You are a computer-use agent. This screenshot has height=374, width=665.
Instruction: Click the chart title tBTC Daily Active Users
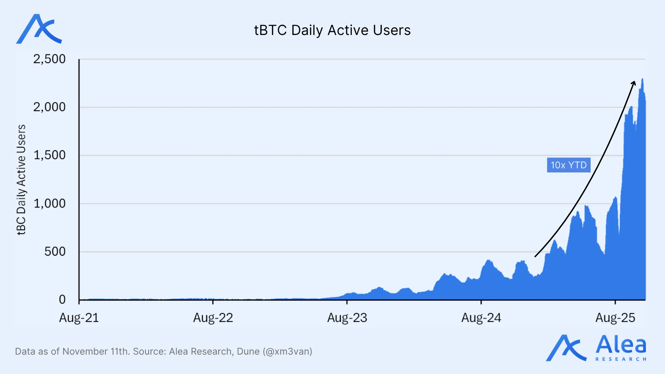point(332,30)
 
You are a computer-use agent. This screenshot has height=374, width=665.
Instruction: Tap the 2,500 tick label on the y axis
point(49,59)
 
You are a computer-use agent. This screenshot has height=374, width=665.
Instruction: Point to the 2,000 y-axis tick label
point(49,107)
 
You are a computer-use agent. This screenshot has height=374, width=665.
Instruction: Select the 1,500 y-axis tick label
point(49,155)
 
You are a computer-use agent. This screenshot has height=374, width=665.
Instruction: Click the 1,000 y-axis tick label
point(49,203)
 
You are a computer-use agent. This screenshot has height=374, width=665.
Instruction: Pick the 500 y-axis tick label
point(55,251)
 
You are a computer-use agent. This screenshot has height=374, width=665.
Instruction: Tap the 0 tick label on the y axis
point(62,300)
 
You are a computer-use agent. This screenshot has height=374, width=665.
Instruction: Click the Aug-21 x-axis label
point(79,318)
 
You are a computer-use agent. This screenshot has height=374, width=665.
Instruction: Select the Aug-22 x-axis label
point(213,318)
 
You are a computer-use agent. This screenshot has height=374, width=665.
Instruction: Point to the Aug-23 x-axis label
point(347,318)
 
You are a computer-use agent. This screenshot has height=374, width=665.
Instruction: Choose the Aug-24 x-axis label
point(481,318)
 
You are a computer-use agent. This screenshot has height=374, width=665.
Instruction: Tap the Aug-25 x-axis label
point(615,318)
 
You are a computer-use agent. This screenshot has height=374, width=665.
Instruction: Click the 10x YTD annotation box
point(568,165)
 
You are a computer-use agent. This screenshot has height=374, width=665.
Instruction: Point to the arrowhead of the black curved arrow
point(634,82)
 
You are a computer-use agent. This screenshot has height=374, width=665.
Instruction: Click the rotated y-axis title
point(21,180)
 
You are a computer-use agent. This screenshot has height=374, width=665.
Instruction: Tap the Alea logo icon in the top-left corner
point(39,29)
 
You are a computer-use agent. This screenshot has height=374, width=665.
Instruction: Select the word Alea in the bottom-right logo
point(621,345)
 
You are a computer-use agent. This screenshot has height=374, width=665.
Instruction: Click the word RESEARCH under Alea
point(621,359)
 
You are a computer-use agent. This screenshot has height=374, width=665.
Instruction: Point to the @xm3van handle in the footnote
point(287,351)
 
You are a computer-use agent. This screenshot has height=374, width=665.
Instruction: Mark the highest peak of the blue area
point(642,79)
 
